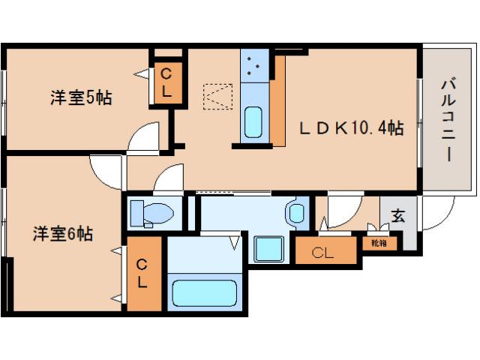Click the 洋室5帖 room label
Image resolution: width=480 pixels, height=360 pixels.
click(81, 97)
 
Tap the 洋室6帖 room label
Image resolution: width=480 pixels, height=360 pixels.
click(62, 233)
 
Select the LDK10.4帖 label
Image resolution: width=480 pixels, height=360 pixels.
click(352, 128)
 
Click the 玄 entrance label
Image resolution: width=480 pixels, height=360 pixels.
click(398, 216)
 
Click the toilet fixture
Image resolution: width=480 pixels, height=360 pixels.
click(150, 212)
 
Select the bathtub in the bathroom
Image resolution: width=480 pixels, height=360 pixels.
click(204, 292)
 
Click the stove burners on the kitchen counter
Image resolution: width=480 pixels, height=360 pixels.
click(253, 66)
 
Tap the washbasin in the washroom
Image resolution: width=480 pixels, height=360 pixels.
click(295, 212)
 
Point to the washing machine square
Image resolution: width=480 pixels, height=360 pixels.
click(268, 249)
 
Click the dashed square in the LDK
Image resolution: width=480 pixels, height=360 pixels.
click(217, 95)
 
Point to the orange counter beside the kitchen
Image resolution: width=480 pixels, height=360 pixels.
click(277, 105)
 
